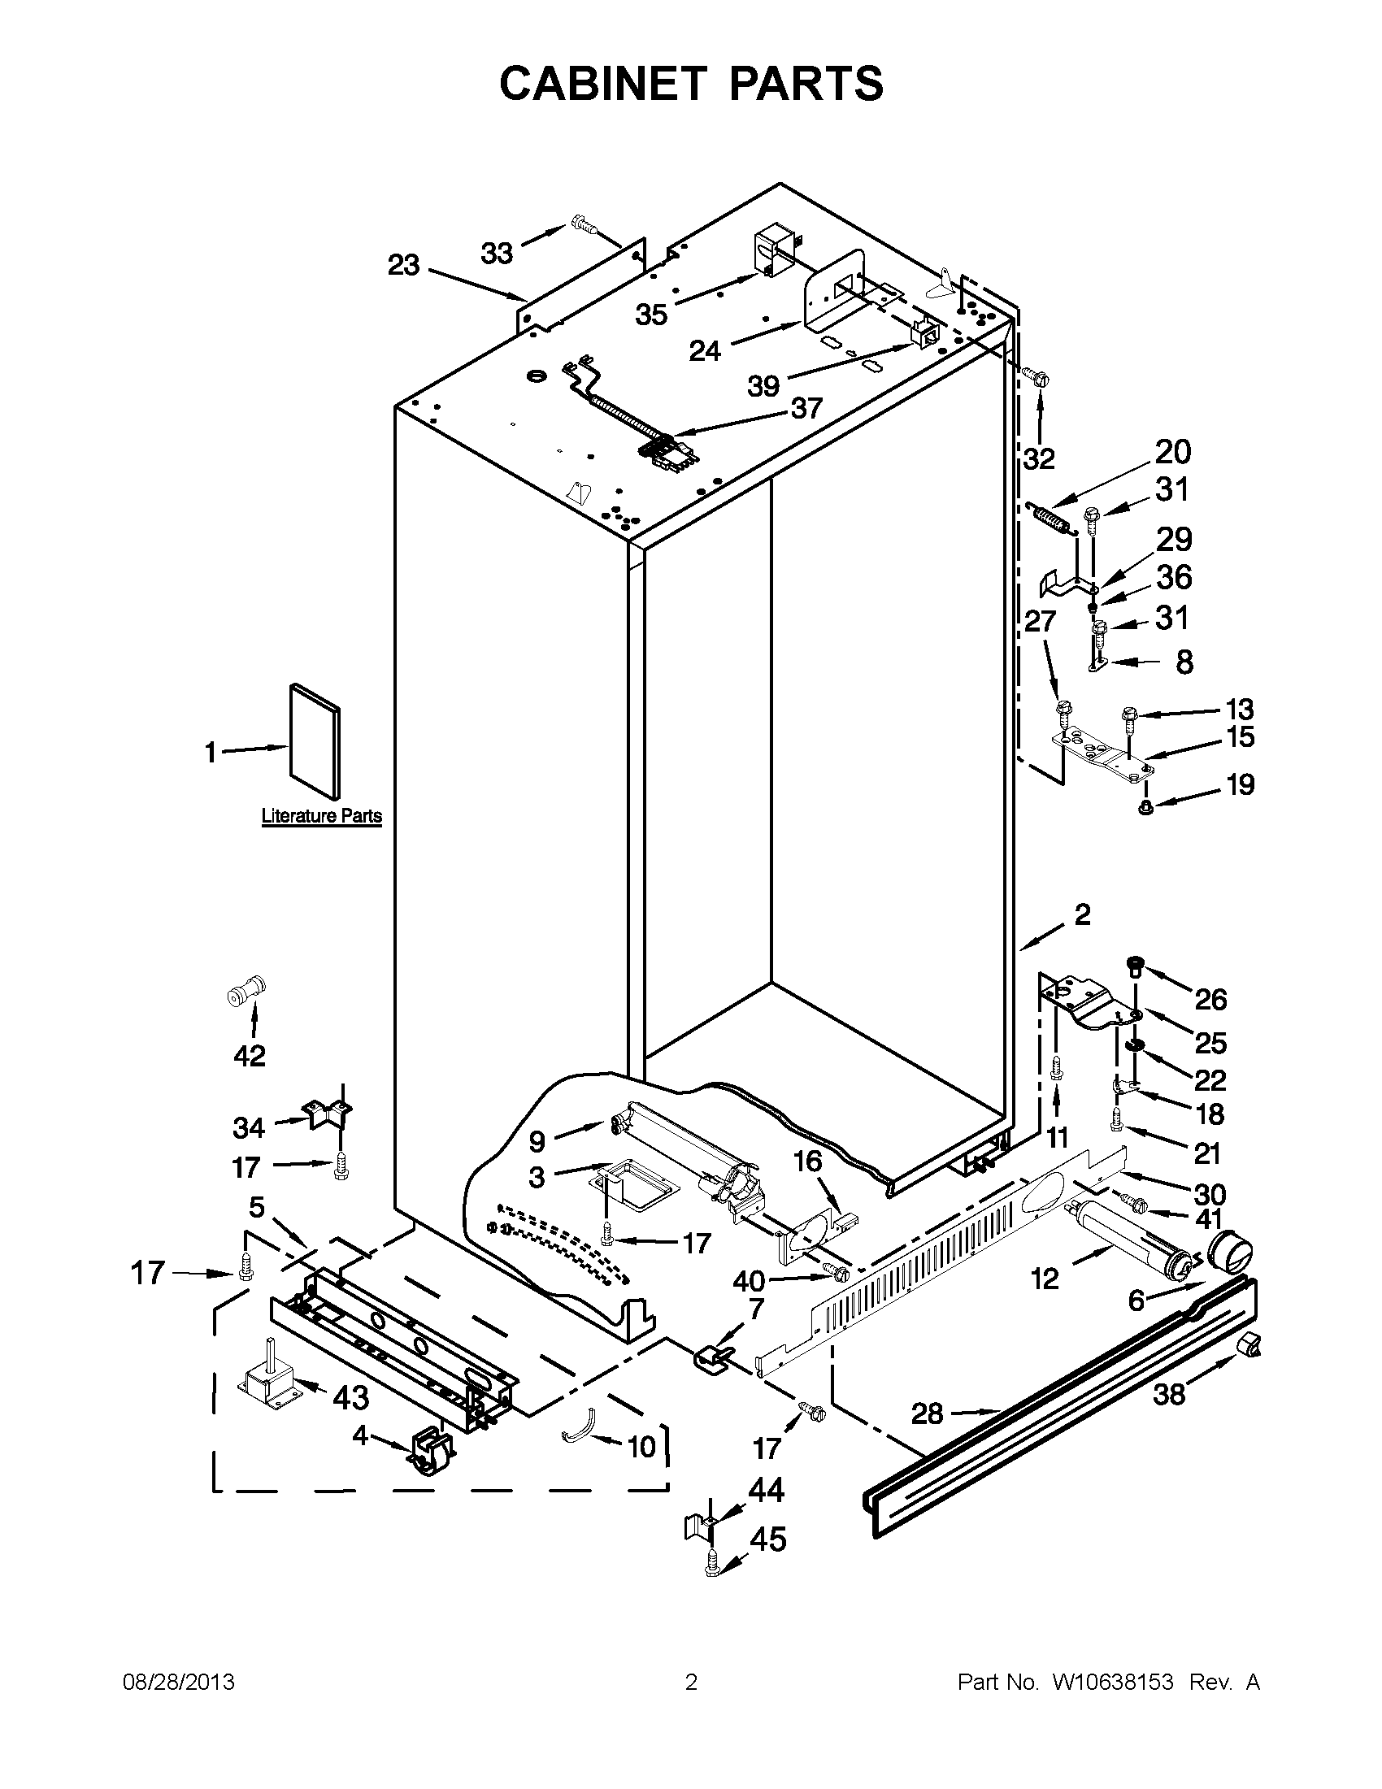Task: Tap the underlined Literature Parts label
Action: [x=321, y=816]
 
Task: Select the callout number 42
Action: [x=249, y=1056]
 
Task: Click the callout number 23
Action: [x=403, y=265]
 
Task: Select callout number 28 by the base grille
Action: [x=927, y=1413]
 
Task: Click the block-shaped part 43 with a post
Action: [x=267, y=1383]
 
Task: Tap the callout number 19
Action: [x=1241, y=784]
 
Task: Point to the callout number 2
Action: [x=1082, y=915]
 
